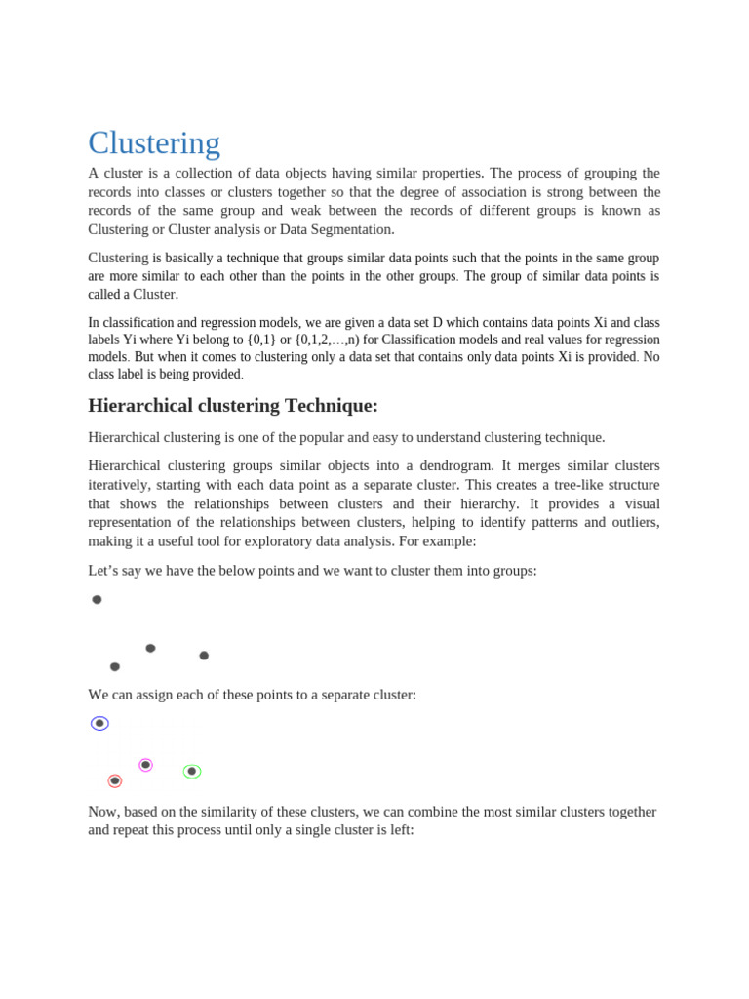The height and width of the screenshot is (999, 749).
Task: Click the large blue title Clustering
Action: coord(154,143)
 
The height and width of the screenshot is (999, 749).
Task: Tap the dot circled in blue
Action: coord(99,723)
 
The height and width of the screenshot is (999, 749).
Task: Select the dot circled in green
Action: coord(192,771)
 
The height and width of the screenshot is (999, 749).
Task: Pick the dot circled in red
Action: coord(115,780)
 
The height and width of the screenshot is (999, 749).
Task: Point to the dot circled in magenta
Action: coord(145,765)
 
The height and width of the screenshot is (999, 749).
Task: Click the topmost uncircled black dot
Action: coord(97,600)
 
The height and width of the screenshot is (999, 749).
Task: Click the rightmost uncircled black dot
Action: coord(204,656)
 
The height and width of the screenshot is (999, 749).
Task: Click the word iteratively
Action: coord(120,485)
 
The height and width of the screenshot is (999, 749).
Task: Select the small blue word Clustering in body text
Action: coord(118,259)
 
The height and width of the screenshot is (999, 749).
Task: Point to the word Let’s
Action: coord(104,571)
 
